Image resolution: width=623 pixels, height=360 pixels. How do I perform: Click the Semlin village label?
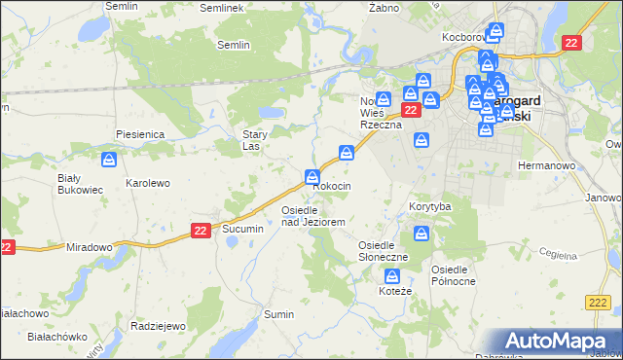[234, 45]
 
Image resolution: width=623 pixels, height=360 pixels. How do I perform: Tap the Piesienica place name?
[140, 133]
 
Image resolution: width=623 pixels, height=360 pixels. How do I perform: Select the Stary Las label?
[255, 141]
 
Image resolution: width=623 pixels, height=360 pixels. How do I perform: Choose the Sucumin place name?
[242, 229]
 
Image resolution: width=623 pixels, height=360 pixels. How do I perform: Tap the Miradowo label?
[90, 247]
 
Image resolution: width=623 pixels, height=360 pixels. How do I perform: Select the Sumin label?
[279, 315]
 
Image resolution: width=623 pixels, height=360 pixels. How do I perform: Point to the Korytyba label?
[429, 207]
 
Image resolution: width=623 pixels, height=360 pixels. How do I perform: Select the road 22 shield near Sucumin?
[200, 230]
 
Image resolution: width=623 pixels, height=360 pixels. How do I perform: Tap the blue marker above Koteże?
[391, 277]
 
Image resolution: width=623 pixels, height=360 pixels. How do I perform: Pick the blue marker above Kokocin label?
[312, 177]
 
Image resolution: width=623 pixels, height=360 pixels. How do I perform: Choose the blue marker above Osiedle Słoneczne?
[421, 234]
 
